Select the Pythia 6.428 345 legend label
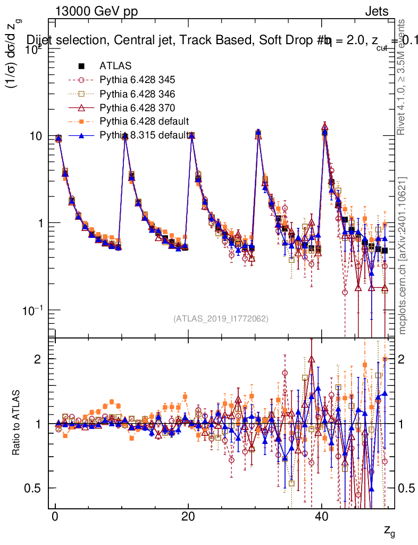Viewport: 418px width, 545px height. click(x=137, y=80)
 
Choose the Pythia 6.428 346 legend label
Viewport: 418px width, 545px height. click(x=137, y=94)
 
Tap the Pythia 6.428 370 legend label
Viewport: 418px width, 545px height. click(x=137, y=108)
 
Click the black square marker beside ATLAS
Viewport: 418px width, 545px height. click(x=81, y=67)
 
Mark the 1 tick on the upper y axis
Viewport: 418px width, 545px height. click(x=41, y=223)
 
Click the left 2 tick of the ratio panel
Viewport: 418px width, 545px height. click(x=39, y=359)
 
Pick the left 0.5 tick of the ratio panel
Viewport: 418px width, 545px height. click(x=35, y=488)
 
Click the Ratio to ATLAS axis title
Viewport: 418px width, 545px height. click(x=17, y=423)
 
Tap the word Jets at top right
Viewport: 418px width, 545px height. click(x=376, y=12)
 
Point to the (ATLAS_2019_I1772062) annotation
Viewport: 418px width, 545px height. click(x=220, y=319)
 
